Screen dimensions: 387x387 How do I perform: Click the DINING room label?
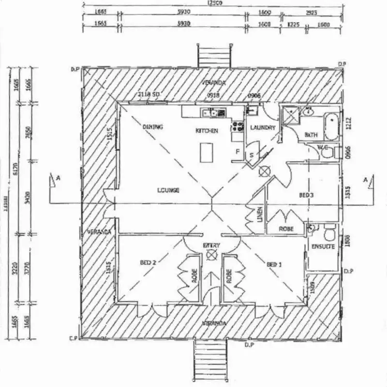153,127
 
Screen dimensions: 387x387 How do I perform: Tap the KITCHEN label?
207,131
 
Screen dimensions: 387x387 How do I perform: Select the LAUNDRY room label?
263,128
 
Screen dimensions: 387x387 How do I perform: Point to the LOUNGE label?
168,190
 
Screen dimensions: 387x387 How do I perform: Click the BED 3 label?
306,195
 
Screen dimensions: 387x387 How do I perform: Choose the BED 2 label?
148,263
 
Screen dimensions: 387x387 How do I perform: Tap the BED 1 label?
274,265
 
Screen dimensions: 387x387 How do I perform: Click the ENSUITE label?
323,246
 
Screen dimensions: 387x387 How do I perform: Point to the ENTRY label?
211,245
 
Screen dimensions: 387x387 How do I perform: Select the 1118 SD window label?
149,94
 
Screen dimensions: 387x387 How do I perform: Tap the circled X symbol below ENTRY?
211,257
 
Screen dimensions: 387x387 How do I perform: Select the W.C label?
323,146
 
